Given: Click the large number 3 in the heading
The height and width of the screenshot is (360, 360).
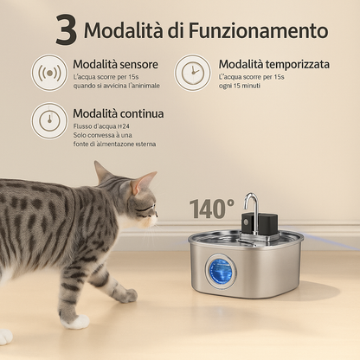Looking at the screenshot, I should (x=66, y=30).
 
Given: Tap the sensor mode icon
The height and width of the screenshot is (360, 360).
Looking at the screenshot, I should (x=49, y=73).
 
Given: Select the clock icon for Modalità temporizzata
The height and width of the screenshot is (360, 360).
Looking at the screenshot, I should (x=192, y=73).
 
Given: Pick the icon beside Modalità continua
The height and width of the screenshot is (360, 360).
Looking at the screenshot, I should (x=49, y=121).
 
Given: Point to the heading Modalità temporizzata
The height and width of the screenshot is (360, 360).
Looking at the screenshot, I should (x=273, y=65).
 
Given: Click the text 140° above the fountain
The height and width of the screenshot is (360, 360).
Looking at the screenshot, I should (x=212, y=209).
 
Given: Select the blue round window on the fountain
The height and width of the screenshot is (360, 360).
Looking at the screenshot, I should (x=220, y=271).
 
